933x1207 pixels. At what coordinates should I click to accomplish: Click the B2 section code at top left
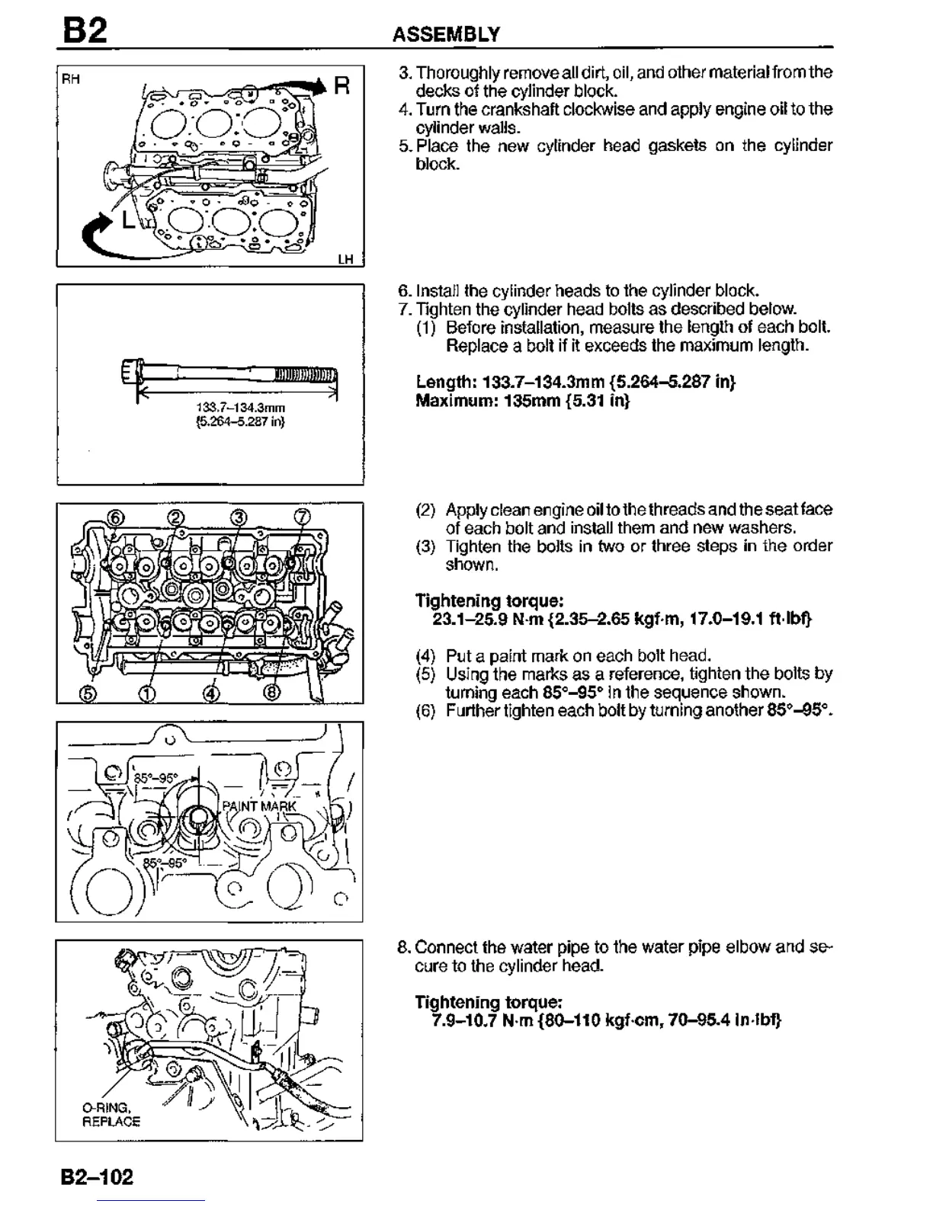coord(85,31)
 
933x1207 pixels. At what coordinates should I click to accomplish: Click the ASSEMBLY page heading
coord(446,34)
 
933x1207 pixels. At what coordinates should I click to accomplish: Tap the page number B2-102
coord(97,1177)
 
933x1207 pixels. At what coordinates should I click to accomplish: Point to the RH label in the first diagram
coord(71,78)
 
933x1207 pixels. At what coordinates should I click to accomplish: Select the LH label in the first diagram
coord(346,259)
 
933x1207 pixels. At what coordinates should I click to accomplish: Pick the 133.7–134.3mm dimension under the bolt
coord(241,408)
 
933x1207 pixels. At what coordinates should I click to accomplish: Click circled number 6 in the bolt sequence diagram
coord(116,517)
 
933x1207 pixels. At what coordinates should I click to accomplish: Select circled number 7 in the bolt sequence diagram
coord(302,517)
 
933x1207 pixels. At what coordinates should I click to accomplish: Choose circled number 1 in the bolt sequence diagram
coord(147,693)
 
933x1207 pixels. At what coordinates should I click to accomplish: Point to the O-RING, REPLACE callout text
coord(111,1114)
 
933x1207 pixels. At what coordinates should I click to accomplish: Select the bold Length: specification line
coord(576,381)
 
